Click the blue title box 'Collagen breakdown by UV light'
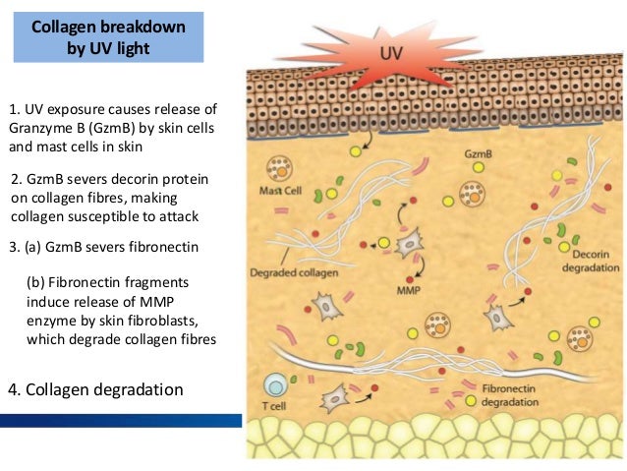[108, 37]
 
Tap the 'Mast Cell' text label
[280, 191]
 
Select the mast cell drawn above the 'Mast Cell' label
[279, 169]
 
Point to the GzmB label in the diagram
[479, 153]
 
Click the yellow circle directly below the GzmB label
[479, 167]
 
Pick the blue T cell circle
[275, 385]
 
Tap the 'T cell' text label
[274, 406]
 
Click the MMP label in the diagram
[409, 290]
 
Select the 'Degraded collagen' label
[294, 273]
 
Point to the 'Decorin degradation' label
[591, 261]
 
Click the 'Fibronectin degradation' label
[509, 395]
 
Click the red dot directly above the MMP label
[410, 279]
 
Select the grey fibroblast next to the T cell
[335, 398]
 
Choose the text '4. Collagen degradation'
[95, 389]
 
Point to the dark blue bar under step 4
[121, 421]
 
